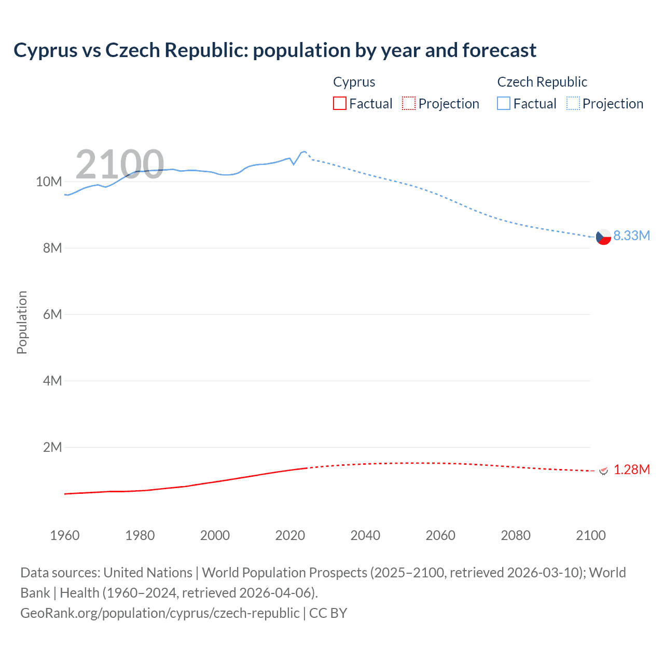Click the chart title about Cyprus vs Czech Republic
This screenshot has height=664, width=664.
click(275, 50)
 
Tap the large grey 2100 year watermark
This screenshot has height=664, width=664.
click(120, 164)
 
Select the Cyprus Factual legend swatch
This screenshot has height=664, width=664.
click(339, 103)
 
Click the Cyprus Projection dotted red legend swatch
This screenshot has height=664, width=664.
click(409, 103)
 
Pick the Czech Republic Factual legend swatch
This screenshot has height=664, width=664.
click(504, 103)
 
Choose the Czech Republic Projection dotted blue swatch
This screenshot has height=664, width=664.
click(573, 103)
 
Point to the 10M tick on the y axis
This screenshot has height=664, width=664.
click(49, 182)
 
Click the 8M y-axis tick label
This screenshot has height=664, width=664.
click(52, 248)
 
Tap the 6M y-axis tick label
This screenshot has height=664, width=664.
click(52, 314)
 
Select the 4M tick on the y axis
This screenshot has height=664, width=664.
click(52, 381)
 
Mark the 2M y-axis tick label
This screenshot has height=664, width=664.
click(52, 447)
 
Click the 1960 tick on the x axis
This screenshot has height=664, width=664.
click(65, 535)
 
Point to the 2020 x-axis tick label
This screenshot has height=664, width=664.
click(290, 535)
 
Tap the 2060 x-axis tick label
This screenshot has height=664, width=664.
click(440, 535)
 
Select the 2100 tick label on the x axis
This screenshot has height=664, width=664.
click(590, 535)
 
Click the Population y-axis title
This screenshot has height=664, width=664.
click(22, 322)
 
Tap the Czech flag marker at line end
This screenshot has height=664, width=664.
click(603, 237)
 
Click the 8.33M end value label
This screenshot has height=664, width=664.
click(631, 236)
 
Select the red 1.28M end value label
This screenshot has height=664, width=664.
click(631, 469)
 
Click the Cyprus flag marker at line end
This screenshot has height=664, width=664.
click(603, 471)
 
